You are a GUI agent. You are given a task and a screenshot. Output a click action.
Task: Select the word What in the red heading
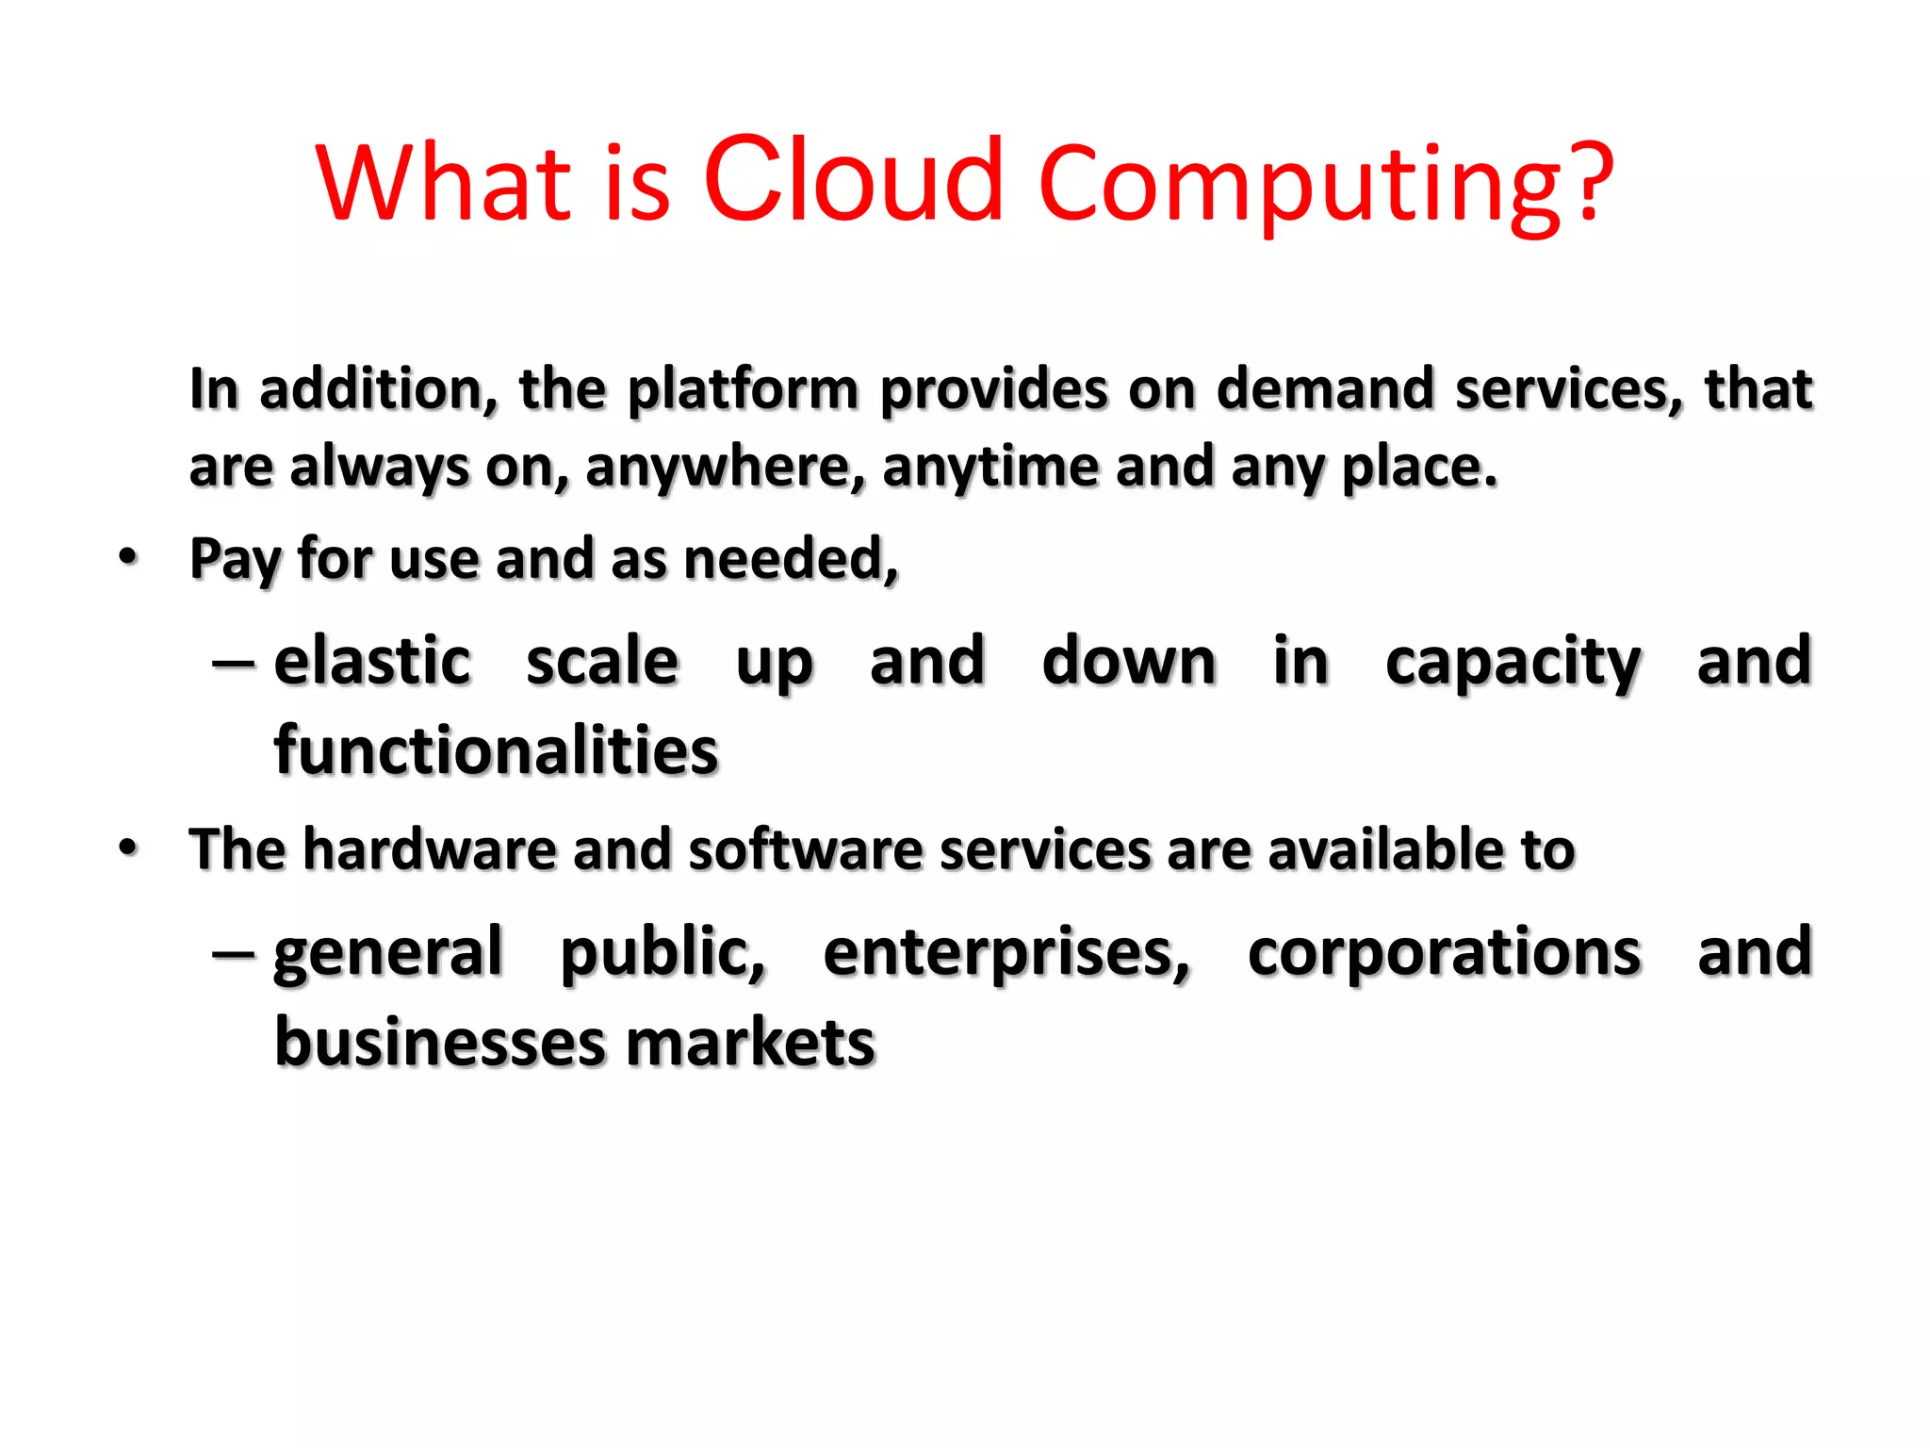tap(444, 181)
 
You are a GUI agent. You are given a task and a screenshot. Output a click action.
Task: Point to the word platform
tap(743, 390)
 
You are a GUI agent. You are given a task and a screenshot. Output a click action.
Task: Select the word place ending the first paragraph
tap(1419, 468)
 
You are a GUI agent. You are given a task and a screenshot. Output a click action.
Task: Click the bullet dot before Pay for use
tap(129, 556)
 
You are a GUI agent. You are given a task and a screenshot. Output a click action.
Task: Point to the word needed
tap(791, 558)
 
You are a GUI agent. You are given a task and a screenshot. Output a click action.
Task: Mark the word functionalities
tap(496, 751)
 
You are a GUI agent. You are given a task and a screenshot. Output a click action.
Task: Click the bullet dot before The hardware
tap(129, 847)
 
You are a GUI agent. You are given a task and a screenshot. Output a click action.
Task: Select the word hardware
tap(430, 849)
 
